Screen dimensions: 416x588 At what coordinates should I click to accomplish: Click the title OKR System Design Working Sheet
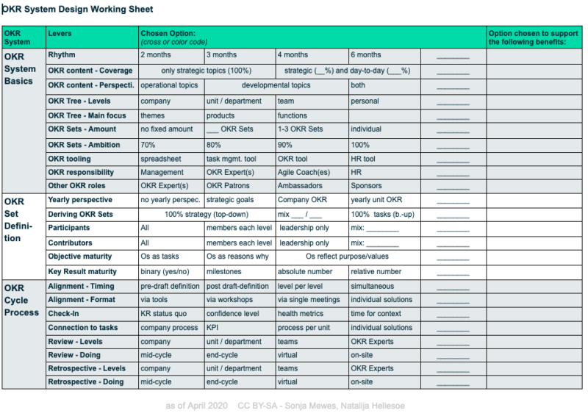(x=78, y=10)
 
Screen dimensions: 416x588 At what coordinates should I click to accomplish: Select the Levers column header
(x=60, y=34)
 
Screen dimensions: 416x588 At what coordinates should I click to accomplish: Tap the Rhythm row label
(x=62, y=55)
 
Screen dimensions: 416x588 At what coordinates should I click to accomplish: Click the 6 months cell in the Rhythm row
(x=366, y=55)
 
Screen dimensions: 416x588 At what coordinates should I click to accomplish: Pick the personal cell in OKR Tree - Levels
(x=365, y=101)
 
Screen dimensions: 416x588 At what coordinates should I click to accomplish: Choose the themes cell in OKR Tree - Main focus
(x=153, y=115)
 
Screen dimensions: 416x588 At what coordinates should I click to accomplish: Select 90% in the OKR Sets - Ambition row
(x=287, y=145)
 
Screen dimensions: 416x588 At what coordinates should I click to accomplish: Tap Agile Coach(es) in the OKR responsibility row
(x=304, y=173)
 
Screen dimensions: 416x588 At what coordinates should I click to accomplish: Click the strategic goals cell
(x=232, y=200)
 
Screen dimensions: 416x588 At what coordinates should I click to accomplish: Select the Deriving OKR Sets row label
(x=80, y=214)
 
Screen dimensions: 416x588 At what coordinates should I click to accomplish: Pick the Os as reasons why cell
(x=237, y=257)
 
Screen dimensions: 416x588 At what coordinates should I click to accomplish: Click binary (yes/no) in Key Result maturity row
(x=165, y=271)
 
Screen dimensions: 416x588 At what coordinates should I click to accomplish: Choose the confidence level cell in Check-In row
(x=233, y=314)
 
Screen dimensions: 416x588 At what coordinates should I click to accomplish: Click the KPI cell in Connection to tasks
(x=214, y=328)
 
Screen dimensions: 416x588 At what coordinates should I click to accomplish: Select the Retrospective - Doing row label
(x=87, y=382)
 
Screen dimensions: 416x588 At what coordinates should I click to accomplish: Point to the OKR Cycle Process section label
(x=21, y=300)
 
